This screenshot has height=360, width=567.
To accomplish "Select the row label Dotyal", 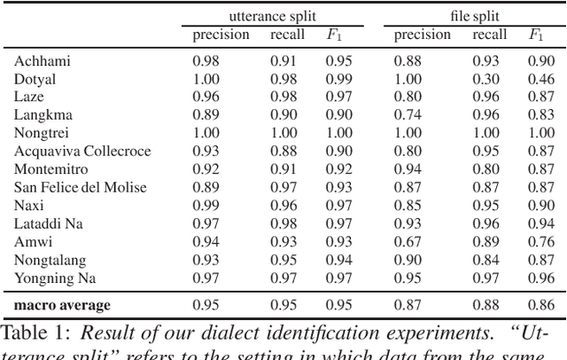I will [x=35, y=78].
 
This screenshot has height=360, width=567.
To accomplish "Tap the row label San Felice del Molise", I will [x=80, y=187].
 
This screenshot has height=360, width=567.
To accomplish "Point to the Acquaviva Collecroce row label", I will [x=82, y=151].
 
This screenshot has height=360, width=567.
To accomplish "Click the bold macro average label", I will [x=62, y=305].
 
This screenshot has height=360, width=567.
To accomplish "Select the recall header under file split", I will [x=489, y=35].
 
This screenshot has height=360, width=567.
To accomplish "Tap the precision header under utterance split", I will [x=221, y=35].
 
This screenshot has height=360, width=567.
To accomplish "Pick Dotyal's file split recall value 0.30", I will [x=488, y=78].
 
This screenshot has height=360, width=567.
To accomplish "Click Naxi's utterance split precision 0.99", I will [x=206, y=205].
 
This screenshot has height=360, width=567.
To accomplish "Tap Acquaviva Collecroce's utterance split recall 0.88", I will [x=285, y=151].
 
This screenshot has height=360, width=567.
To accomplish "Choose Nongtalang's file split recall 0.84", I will [x=488, y=260].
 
